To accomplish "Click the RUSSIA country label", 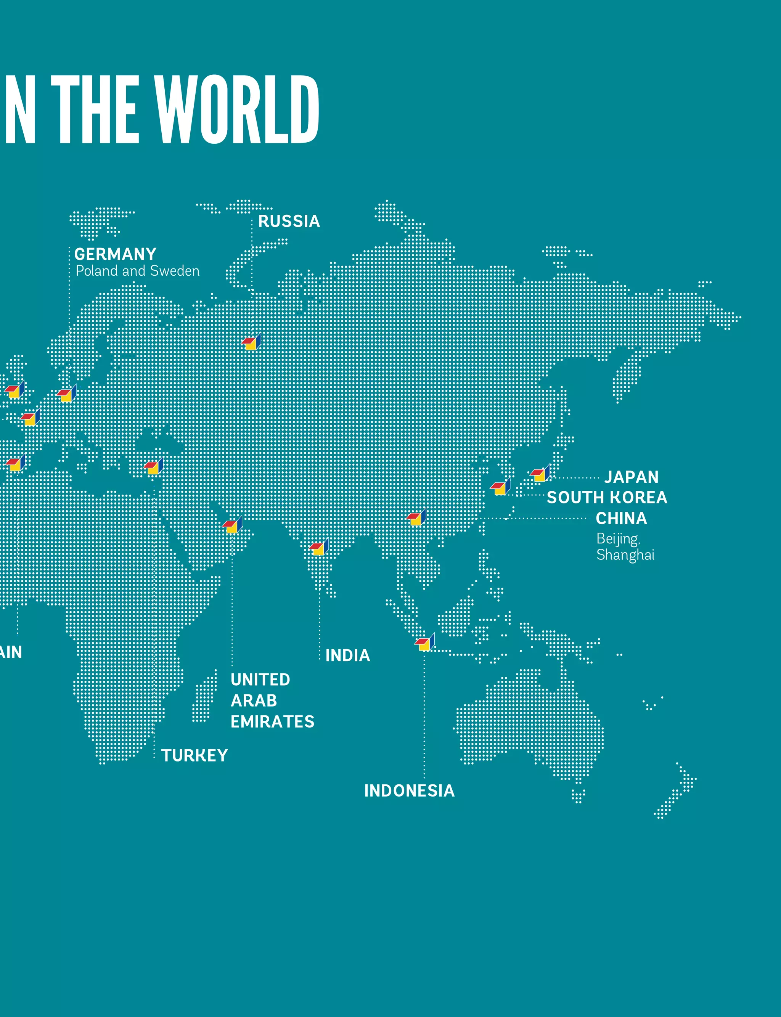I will [289, 221].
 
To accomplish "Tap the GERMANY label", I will [115, 254].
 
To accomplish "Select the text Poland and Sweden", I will [138, 271].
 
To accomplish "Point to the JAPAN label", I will [631, 477].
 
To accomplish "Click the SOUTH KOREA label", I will [607, 497].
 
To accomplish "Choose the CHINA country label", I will [621, 518].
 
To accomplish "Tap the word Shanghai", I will [625, 555].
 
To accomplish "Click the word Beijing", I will [618, 538].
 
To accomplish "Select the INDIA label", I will [348, 656].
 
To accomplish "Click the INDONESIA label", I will [409, 790].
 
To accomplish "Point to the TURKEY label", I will [194, 755].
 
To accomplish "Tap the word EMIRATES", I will [272, 721].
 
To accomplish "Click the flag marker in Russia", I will [251, 342].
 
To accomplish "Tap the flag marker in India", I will [319, 548].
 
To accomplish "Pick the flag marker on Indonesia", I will [424, 643].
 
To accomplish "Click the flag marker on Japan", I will [540, 474].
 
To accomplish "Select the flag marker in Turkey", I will [153, 467].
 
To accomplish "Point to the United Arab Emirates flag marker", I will [232, 526].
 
